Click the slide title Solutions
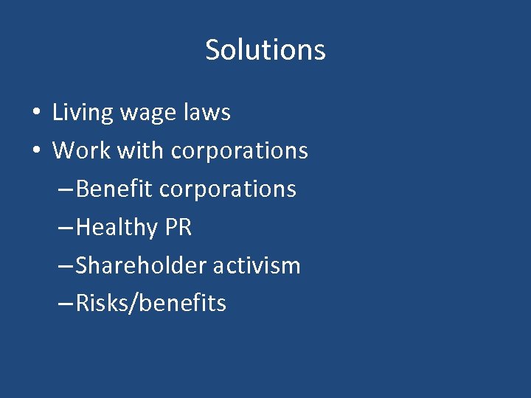click(265, 50)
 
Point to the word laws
click(207, 113)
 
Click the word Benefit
click(114, 189)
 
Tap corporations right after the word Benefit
click(228, 189)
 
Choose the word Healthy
click(117, 228)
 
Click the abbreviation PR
click(178, 227)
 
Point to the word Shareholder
click(141, 265)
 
